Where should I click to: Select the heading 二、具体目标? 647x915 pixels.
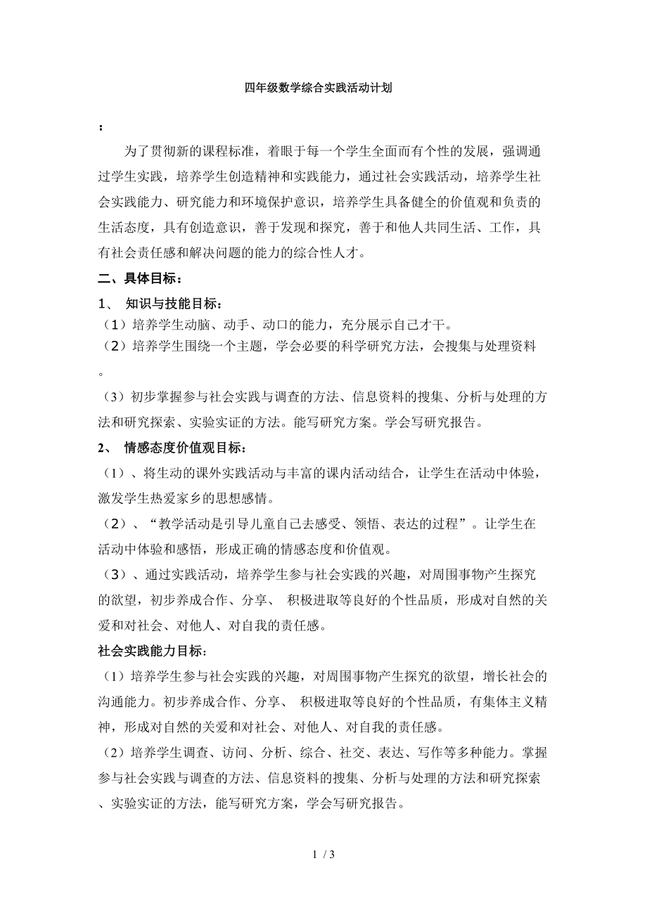tap(129, 279)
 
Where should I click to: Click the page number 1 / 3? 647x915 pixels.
tap(323, 874)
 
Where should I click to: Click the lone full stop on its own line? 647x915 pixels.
tap(101, 374)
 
